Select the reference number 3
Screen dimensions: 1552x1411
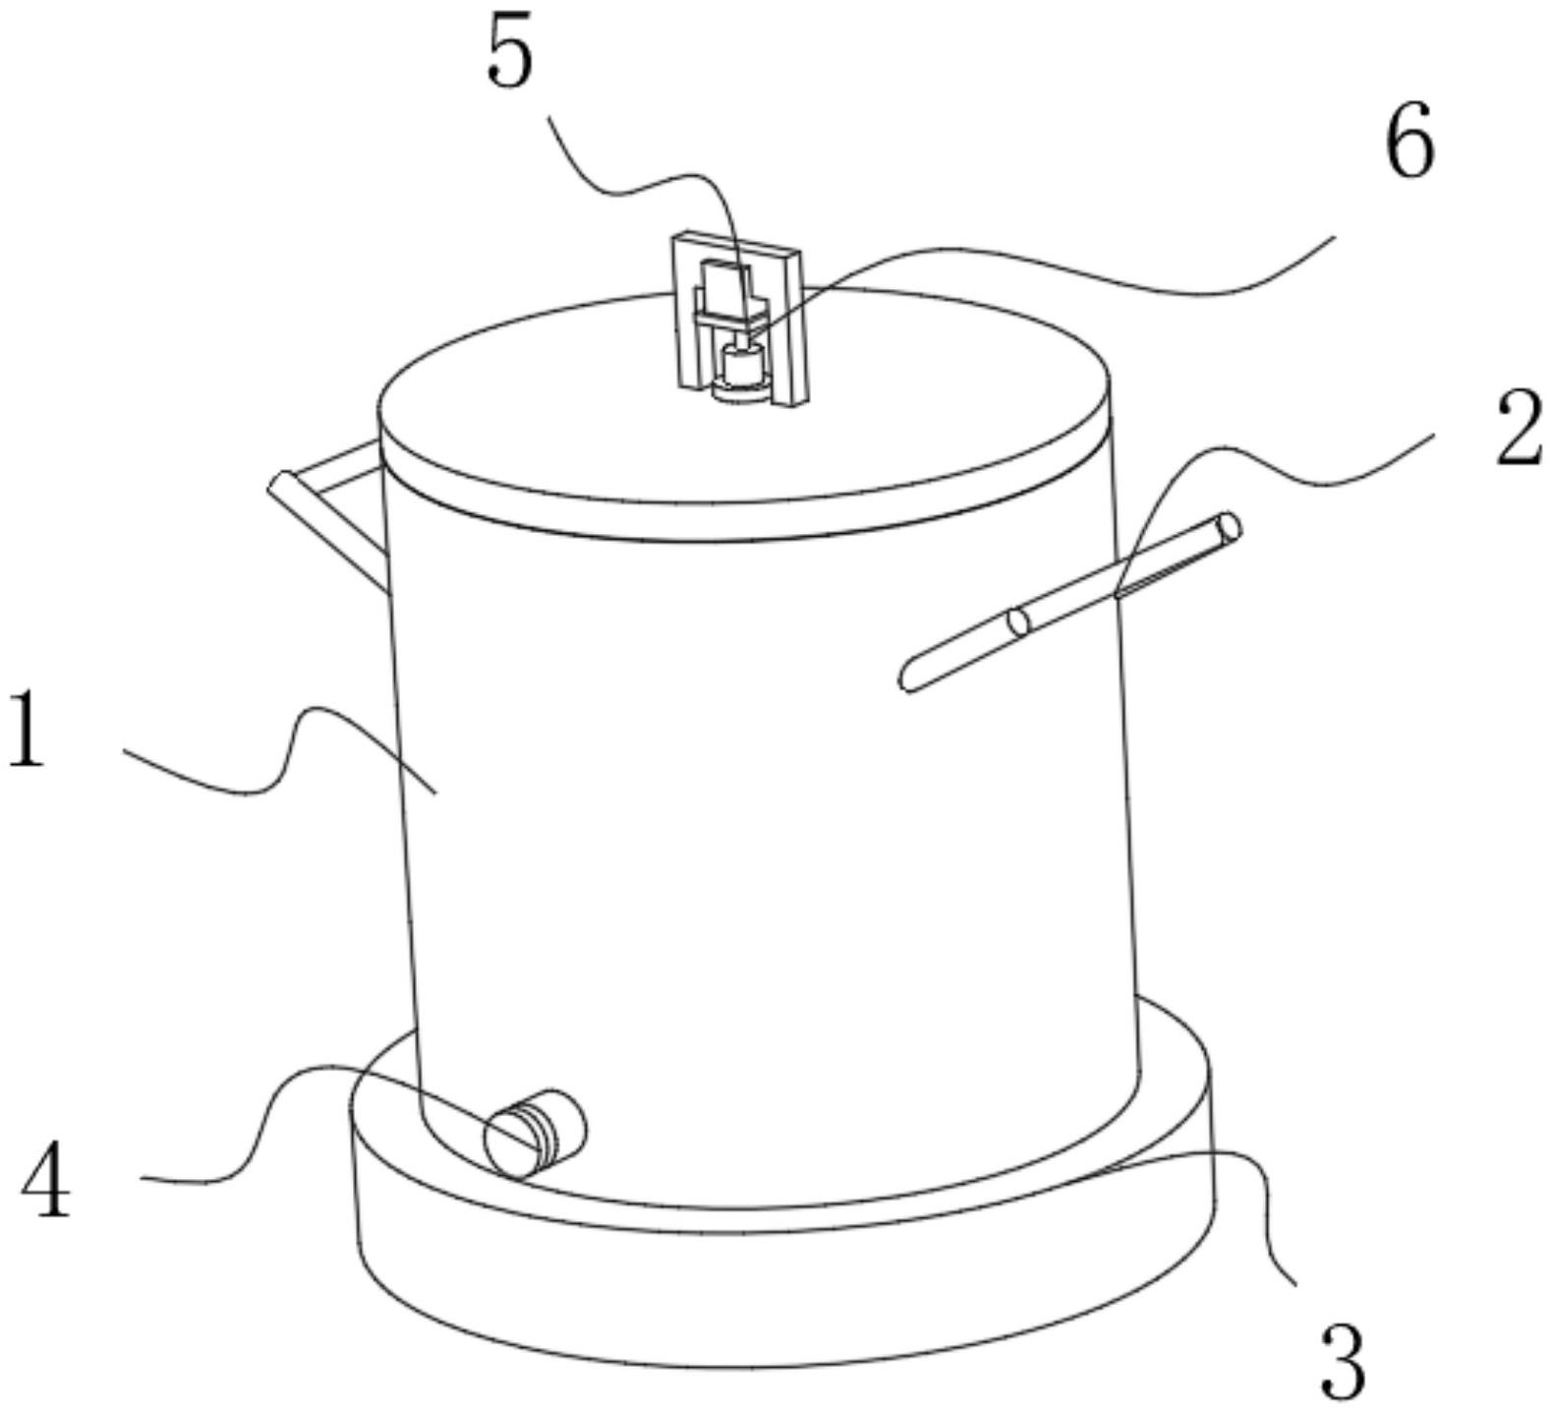[1342, 1361]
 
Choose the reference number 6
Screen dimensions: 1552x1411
[1410, 141]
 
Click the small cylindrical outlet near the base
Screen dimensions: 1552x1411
[536, 1134]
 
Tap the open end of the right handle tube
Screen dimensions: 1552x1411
[1228, 528]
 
